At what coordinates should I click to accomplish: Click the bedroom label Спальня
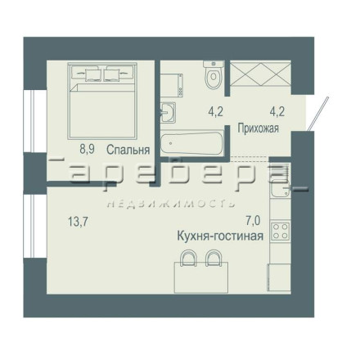click(128, 150)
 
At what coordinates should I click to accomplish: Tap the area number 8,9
click(87, 149)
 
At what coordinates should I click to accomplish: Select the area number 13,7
click(78, 222)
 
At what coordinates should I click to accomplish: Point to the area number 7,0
click(253, 221)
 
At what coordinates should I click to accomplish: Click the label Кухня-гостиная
click(220, 236)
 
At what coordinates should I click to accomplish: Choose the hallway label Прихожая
click(259, 128)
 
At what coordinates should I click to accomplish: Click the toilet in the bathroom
click(214, 74)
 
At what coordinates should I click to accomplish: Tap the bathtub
click(191, 143)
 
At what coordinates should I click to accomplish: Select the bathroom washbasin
click(168, 112)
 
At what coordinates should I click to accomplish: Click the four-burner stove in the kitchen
click(280, 231)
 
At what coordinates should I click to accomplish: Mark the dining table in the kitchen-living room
click(201, 277)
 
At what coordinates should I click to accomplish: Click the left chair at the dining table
click(189, 258)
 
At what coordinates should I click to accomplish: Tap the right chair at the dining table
click(214, 258)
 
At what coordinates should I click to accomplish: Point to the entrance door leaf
click(318, 114)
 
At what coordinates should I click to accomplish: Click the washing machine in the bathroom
click(172, 84)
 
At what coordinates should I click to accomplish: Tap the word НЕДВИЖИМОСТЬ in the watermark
click(171, 204)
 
